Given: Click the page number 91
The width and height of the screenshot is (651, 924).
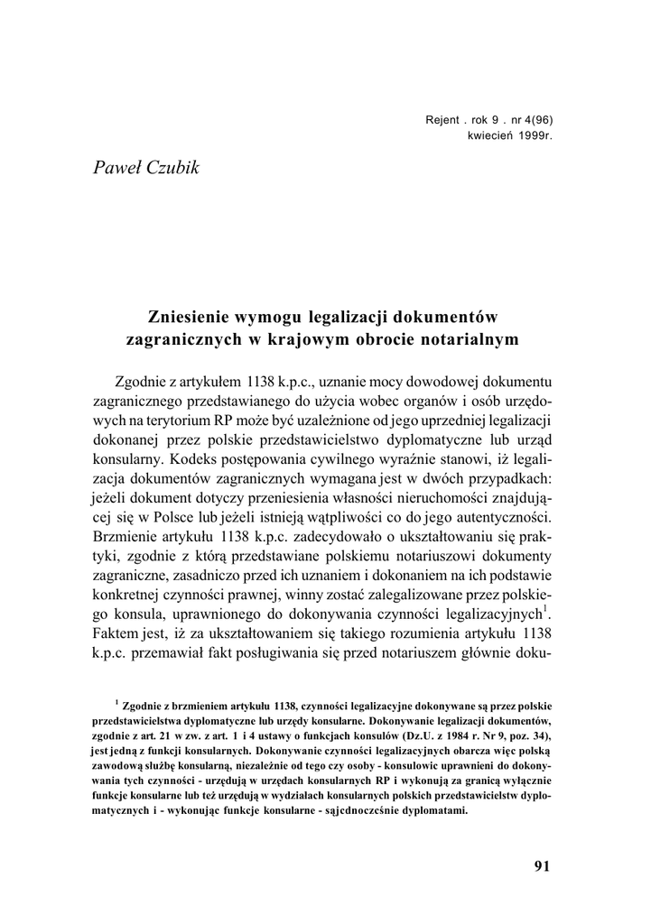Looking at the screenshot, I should point(541,866).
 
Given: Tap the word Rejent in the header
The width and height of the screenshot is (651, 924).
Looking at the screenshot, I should point(442,122).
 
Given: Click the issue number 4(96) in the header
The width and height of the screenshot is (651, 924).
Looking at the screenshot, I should point(531,122).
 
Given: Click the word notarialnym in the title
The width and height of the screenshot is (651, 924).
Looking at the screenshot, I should point(470,341).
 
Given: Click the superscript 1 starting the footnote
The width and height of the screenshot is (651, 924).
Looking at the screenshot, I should point(116,700).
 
